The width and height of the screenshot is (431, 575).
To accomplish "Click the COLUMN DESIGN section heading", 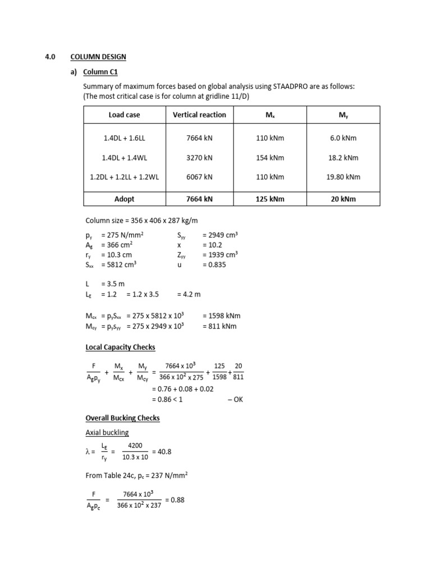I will (98, 57).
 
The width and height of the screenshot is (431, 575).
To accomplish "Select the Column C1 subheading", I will (100, 72).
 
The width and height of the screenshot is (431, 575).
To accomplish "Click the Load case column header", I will (124, 115).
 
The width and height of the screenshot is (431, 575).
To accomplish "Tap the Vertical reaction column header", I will (199, 115).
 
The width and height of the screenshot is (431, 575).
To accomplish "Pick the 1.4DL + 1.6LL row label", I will (124, 138).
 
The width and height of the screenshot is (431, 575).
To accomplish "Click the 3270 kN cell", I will (199, 157).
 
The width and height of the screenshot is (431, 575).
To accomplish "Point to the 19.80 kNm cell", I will (343, 177).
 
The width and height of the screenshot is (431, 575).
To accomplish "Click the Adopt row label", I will (124, 199).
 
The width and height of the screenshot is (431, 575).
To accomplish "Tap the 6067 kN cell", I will (199, 177).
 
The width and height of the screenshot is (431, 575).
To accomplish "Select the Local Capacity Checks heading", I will (120, 347).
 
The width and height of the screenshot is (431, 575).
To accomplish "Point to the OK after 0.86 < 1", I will (236, 399).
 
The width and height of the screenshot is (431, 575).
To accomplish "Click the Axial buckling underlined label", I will (107, 432).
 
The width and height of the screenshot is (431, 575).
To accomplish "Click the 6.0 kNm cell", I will (343, 138).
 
